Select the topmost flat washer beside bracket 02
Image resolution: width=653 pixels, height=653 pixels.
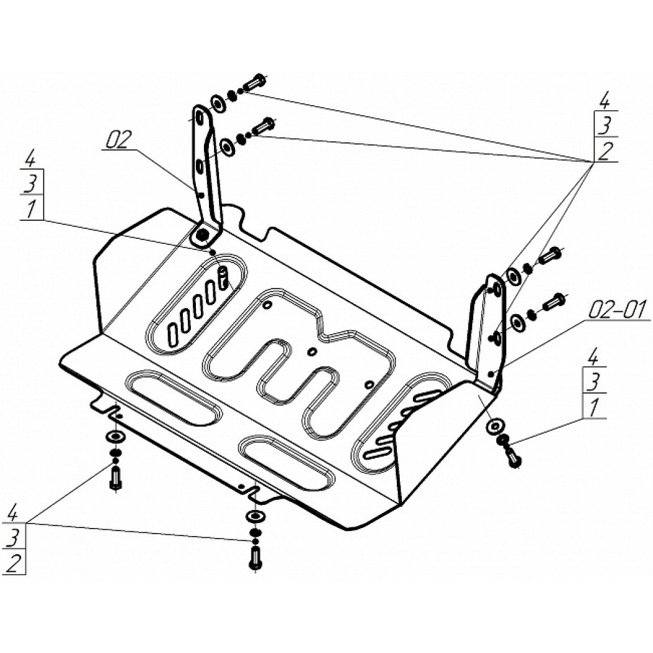point(218,103)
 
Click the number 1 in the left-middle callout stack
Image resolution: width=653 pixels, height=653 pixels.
point(30,208)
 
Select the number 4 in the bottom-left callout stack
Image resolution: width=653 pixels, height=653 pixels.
point(13,512)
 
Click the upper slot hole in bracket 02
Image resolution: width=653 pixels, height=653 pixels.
point(200,118)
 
